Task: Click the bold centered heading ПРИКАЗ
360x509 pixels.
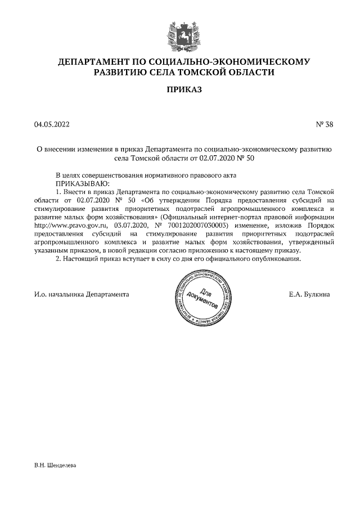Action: pos(179,89)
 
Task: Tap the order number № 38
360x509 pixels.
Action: pos(325,124)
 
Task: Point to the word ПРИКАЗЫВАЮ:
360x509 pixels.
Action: pos(82,183)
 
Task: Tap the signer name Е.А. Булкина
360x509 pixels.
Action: pos(309,294)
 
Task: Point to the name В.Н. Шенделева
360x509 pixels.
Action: pos(55,466)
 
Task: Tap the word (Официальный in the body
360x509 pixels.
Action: pos(184,217)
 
